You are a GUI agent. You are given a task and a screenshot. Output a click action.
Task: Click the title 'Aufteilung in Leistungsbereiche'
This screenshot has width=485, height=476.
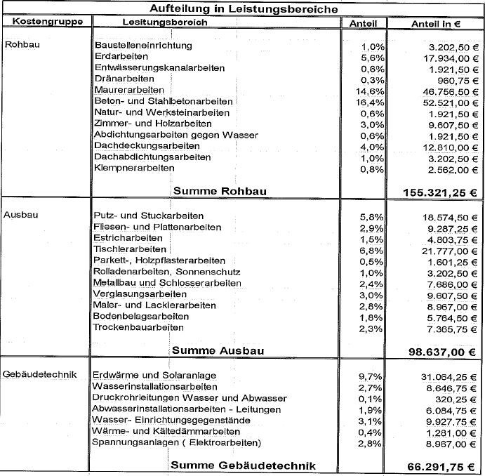click(x=243, y=8)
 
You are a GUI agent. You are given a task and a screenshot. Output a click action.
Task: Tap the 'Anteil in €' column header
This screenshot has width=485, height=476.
click(x=435, y=24)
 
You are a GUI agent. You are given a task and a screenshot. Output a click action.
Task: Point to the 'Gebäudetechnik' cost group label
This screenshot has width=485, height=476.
click(x=38, y=375)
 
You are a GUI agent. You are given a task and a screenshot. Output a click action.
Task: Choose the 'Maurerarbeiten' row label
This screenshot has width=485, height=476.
click(x=128, y=90)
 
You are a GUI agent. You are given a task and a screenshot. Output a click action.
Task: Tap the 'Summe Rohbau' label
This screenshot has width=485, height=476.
click(x=220, y=190)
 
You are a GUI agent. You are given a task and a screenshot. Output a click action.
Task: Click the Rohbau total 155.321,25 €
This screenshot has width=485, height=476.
click(x=439, y=192)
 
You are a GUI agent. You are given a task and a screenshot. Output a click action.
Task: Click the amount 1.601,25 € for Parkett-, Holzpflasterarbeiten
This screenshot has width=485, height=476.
click(x=451, y=260)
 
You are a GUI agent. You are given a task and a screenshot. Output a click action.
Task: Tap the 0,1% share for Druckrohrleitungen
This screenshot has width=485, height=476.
click(x=373, y=397)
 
